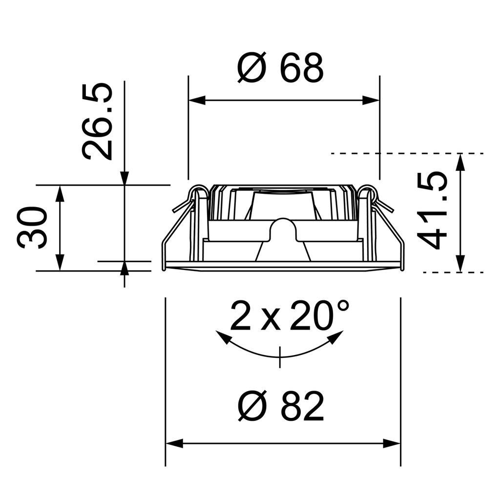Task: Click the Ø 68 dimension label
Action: coord(281,68)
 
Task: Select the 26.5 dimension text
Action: coord(98,122)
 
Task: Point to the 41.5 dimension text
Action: coord(433,210)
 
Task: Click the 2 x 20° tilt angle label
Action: coord(290,316)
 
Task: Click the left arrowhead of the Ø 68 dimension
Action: coord(196,101)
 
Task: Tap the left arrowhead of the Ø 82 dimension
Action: coord(174,444)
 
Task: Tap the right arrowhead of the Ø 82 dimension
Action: coord(393,444)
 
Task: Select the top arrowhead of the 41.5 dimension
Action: coord(460,162)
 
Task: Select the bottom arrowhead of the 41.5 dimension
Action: coord(460,264)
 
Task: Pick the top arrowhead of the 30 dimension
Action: coord(60,193)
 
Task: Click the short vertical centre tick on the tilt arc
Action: coord(280,357)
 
